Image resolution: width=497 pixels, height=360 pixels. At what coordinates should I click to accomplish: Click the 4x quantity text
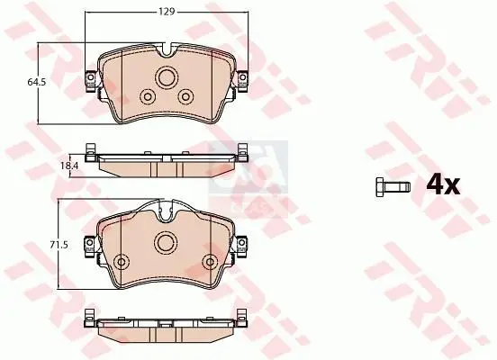tap(442, 185)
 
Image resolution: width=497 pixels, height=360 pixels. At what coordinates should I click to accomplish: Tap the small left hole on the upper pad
tap(148, 96)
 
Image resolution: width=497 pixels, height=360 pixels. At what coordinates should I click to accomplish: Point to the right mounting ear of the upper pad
tap(242, 80)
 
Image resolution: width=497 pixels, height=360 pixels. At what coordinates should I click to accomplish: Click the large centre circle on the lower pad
tap(166, 241)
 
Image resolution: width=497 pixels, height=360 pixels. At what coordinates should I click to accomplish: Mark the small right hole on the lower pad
tap(209, 262)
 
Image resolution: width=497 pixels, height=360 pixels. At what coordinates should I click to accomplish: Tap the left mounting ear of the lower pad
tap(90, 243)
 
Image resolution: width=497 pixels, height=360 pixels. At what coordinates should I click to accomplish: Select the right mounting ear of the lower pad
tap(243, 243)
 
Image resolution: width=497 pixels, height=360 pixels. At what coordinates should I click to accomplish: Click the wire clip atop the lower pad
tap(166, 213)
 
